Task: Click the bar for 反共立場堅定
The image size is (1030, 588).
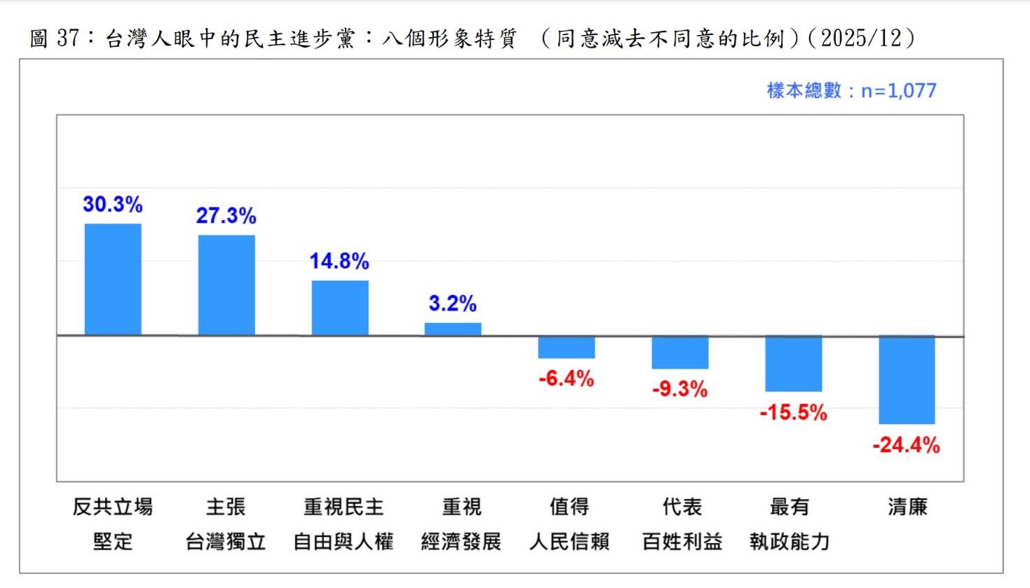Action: [113, 279]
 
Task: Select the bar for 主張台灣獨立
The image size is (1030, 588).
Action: [226, 285]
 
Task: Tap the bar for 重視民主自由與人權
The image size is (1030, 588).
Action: [340, 308]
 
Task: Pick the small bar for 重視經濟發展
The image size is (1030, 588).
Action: [453, 329]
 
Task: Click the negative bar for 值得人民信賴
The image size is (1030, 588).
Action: [567, 348]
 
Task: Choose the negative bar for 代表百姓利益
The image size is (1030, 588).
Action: [680, 353]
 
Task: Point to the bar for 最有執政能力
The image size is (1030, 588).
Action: [794, 364]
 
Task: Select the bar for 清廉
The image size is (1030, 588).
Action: [907, 380]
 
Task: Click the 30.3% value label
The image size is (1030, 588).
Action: [113, 205]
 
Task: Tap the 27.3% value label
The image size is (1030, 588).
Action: [226, 216]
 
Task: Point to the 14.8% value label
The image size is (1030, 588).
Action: [339, 261]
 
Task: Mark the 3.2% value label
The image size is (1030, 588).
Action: [453, 303]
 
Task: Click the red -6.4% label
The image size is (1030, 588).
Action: [567, 379]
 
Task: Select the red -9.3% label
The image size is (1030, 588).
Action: [680, 390]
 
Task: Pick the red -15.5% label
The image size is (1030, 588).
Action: [794, 412]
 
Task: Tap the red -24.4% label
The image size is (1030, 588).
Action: [907, 445]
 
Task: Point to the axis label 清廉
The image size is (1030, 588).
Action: [907, 507]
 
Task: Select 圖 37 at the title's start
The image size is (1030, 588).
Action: [54, 38]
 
